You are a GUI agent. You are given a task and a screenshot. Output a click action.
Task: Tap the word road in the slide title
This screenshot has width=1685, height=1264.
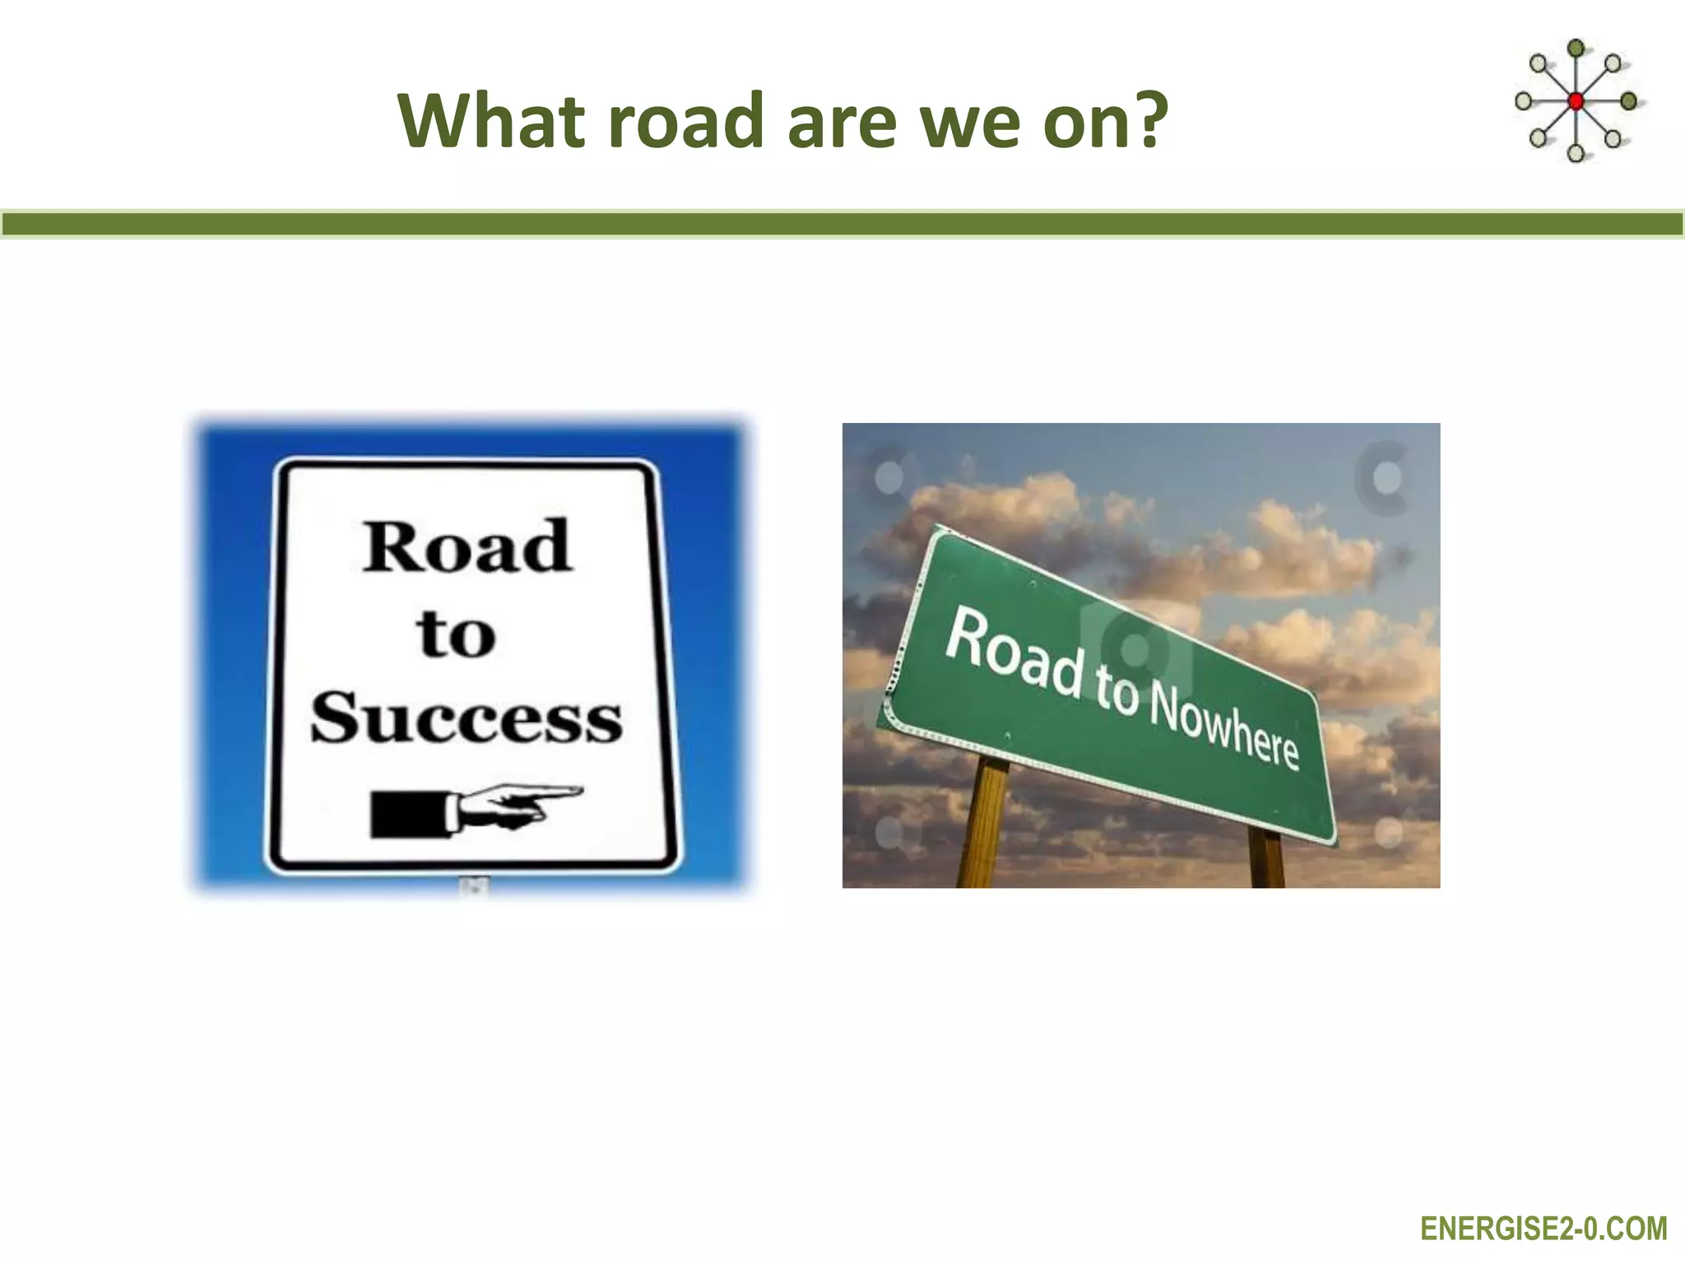click(x=687, y=121)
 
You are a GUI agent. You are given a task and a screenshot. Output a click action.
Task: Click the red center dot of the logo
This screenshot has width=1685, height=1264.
click(x=1576, y=102)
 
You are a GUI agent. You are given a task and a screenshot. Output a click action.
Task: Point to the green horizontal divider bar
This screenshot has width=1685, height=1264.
click(x=842, y=224)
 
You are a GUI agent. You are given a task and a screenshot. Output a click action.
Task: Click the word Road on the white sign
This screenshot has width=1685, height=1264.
click(x=467, y=547)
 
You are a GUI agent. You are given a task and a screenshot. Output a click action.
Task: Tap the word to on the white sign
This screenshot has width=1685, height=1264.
click(x=457, y=634)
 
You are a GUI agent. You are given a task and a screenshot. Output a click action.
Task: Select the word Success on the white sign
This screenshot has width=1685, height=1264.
click(x=467, y=718)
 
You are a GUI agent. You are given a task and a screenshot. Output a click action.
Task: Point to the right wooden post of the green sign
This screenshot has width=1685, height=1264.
click(x=1266, y=860)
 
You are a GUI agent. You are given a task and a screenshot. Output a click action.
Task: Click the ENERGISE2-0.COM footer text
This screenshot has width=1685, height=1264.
click(x=1543, y=1229)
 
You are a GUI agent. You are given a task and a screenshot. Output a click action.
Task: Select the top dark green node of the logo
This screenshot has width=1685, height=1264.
click(x=1576, y=49)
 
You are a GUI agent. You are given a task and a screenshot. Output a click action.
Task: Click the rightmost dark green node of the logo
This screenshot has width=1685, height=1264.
click(x=1628, y=101)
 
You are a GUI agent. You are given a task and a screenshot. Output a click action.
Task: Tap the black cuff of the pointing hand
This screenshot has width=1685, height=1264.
click(x=408, y=814)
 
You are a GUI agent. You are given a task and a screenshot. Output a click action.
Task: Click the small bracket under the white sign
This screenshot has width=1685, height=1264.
click(x=475, y=886)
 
